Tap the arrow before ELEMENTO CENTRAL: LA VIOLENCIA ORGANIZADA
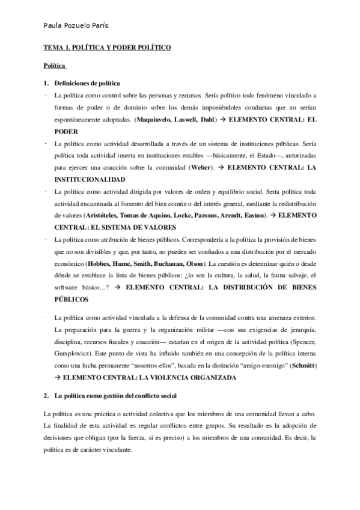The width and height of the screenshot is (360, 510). [58, 377]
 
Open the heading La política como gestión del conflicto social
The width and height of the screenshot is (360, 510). [114, 397]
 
